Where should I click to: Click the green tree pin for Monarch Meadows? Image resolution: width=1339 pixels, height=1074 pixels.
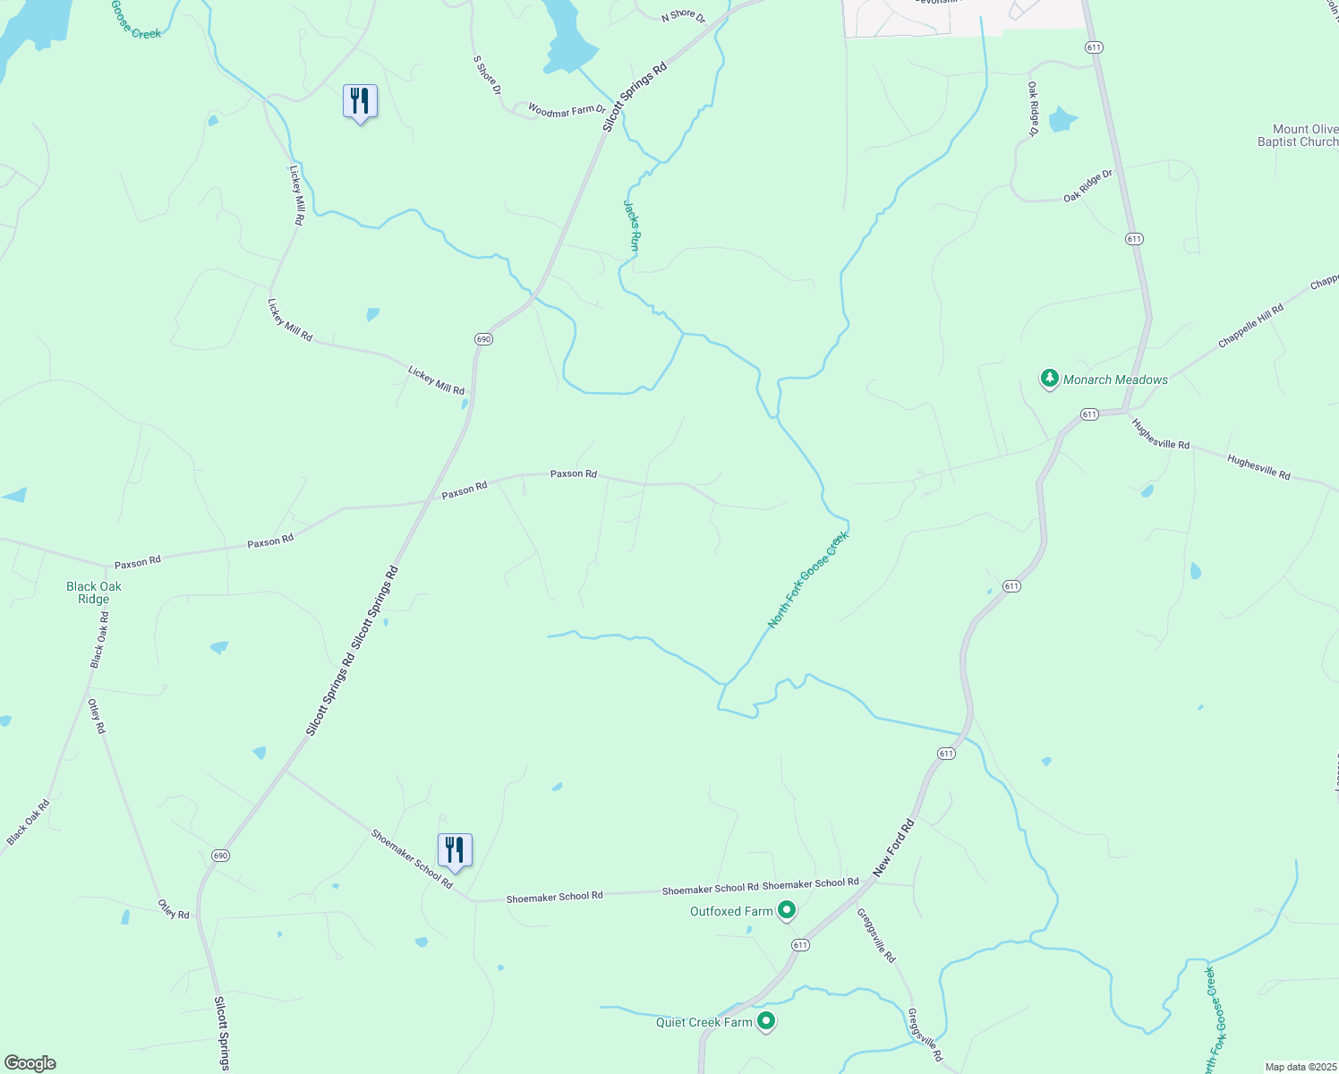1049,379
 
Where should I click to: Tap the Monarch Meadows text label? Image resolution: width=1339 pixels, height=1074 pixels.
1115,379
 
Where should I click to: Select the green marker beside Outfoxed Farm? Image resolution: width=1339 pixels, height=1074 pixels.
787,910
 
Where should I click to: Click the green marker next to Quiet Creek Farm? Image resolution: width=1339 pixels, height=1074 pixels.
766,1020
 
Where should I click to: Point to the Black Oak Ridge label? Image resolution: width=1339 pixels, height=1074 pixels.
94,592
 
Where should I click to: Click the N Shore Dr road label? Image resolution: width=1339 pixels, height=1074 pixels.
683,17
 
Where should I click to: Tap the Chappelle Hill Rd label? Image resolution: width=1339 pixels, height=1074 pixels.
1250,326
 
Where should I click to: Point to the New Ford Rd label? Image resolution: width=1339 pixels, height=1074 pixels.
894,847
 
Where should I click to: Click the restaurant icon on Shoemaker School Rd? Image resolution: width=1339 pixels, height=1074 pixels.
455,850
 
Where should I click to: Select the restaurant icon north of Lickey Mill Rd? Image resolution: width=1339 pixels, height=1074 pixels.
360,101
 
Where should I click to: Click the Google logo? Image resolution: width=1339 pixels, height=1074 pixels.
30,1063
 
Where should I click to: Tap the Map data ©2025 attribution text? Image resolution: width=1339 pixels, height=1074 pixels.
1300,1067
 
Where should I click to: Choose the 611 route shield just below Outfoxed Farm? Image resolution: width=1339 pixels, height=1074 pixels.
800,945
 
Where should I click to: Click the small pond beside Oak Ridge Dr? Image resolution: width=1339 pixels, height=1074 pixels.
1062,119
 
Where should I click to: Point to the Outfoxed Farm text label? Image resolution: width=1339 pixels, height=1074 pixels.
731,911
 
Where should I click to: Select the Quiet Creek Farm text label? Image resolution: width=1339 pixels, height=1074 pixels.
704,1022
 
